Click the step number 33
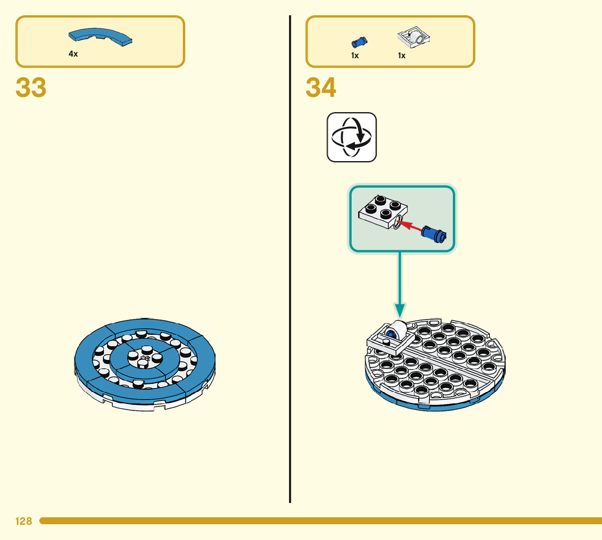tap(31, 88)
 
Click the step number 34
tap(321, 88)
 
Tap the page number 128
tap(24, 521)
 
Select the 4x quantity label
tap(73, 54)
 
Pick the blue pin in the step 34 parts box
tap(359, 41)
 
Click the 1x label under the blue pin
tap(355, 56)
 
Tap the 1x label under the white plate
tap(402, 56)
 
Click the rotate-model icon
tap(352, 137)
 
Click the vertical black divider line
tap(290, 272)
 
